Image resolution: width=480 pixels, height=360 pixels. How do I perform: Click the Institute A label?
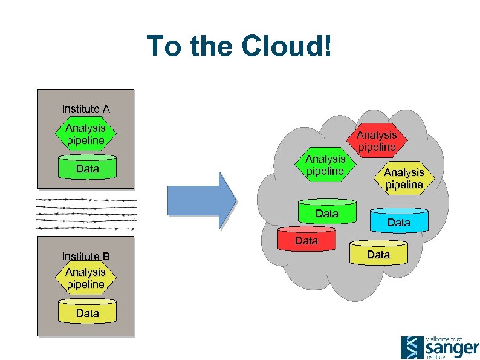[86, 109]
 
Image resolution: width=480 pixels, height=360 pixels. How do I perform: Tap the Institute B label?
[86, 256]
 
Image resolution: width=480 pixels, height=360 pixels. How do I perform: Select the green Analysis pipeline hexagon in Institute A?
[85, 134]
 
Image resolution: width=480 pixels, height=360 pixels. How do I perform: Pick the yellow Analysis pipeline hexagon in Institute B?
[85, 278]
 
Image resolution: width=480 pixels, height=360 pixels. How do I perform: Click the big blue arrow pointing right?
[202, 200]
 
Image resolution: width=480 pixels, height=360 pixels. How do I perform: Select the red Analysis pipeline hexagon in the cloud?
[376, 140]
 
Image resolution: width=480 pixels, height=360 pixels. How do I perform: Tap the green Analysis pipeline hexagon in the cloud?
[325, 165]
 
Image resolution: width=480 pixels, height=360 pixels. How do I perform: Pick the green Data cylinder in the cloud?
[326, 213]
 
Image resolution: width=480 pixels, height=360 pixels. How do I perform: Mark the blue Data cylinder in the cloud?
[398, 221]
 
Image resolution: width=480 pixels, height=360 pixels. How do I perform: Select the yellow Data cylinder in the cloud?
[378, 254]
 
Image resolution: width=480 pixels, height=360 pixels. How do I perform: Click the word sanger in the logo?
[452, 349]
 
